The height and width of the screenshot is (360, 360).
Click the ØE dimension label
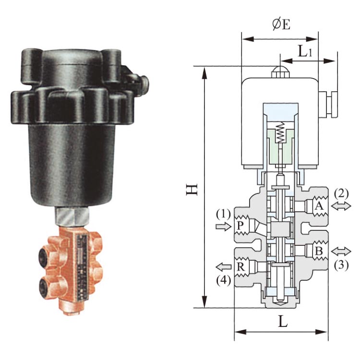pyautogui.click(x=281, y=24)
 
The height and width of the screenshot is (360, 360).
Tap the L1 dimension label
pyautogui.click(x=305, y=51)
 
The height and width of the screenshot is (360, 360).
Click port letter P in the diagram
pyautogui.click(x=240, y=226)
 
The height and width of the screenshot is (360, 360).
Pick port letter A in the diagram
pyautogui.click(x=319, y=206)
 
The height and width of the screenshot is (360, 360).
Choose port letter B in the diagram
pyautogui.click(x=319, y=251)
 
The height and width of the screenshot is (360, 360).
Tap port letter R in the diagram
pyautogui.click(x=240, y=267)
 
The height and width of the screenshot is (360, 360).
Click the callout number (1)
pyautogui.click(x=223, y=215)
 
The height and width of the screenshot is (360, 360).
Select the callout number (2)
pyautogui.click(x=341, y=194)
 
